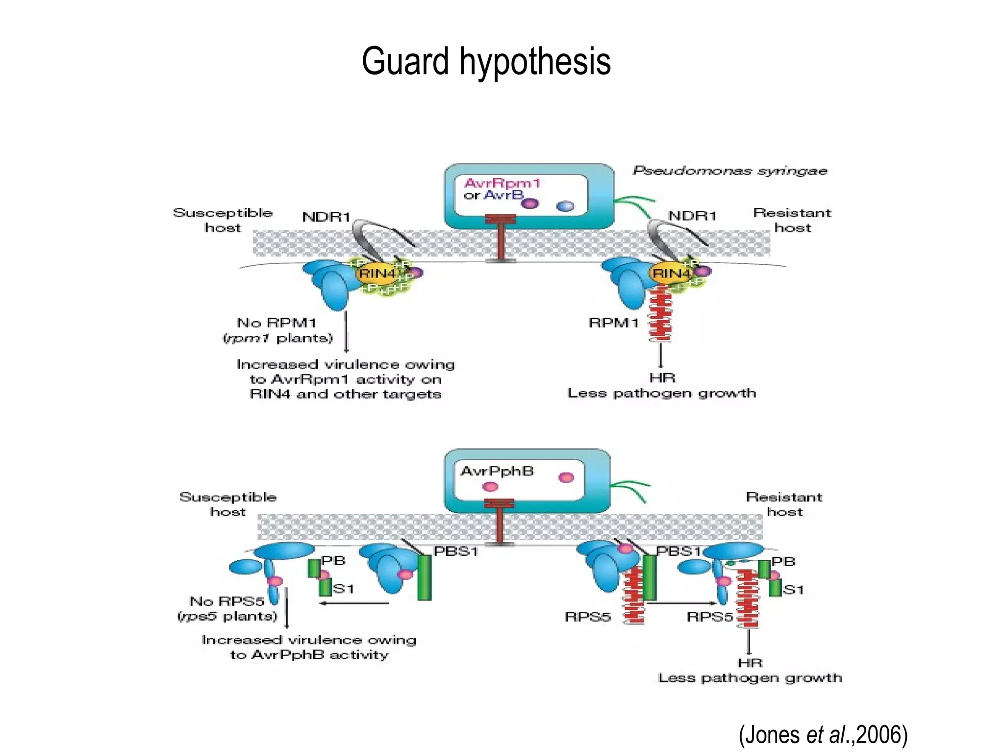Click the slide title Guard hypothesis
[x=486, y=61]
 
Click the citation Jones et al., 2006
[x=823, y=734]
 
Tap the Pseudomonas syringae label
[x=729, y=171]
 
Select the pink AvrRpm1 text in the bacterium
[x=502, y=183]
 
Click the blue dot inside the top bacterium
[x=565, y=206]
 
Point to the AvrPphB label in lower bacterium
[x=497, y=471]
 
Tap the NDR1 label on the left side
[x=326, y=217]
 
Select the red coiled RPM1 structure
[x=660, y=314]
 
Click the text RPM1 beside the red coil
[x=613, y=323]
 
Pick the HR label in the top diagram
[x=662, y=378]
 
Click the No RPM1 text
[x=276, y=323]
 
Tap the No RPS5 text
[x=227, y=601]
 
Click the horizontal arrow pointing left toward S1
[x=354, y=603]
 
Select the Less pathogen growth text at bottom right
[x=750, y=678]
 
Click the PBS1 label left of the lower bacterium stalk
[x=455, y=551]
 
